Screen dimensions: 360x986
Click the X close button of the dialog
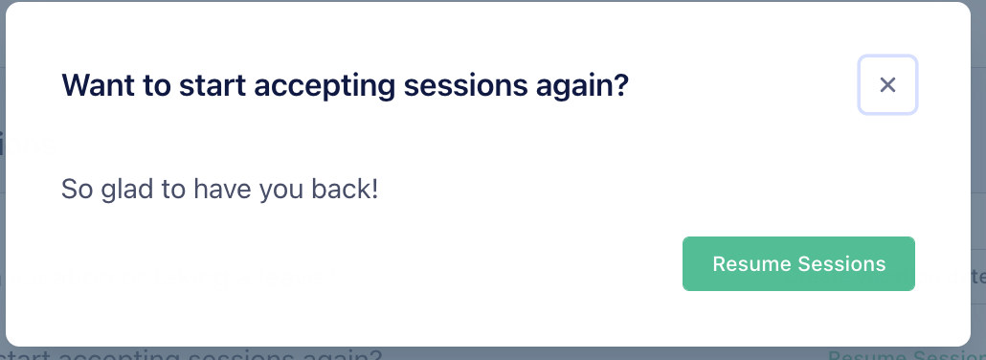pos(887,85)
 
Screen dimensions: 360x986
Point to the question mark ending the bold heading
pos(623,85)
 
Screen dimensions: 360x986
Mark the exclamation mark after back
pos(375,189)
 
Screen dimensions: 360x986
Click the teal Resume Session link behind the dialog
pos(906,355)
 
